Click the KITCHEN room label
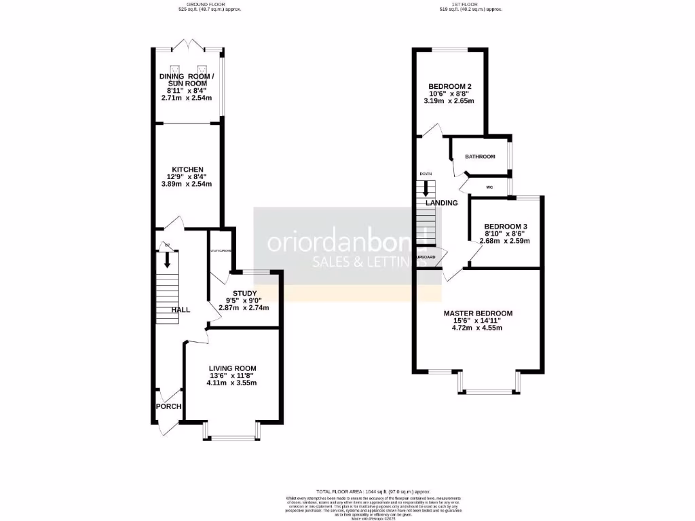tap(187, 169)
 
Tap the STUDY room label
tap(244, 293)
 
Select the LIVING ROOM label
tap(232, 368)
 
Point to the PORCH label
tap(168, 406)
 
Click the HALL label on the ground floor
tap(181, 310)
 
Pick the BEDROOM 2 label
tap(450, 86)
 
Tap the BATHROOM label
tap(480, 157)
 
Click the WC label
tap(489, 187)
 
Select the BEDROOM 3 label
tap(505, 226)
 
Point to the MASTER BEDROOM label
tap(478, 313)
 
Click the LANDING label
tap(441, 203)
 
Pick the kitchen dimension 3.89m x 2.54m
tap(187, 184)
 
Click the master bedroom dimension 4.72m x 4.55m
tap(478, 328)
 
